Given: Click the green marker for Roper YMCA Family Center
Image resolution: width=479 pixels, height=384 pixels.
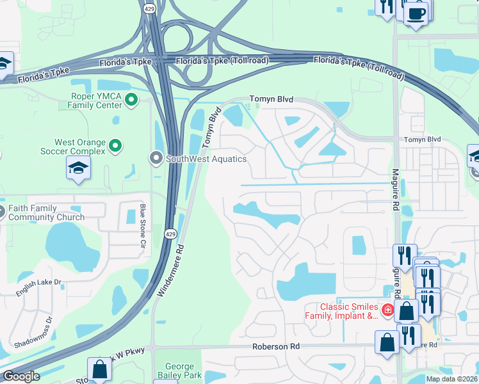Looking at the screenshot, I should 131,99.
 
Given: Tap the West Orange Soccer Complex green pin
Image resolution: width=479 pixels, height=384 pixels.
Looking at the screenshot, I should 115,146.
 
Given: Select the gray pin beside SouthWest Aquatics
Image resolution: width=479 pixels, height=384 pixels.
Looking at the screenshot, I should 156,157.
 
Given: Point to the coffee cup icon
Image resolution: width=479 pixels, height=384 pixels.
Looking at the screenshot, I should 416,13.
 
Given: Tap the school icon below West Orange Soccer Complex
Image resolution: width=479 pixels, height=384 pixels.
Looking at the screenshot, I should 78,168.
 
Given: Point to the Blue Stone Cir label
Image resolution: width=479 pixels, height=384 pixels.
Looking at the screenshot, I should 143,225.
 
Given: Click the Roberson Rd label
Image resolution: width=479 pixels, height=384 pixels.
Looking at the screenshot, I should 276,346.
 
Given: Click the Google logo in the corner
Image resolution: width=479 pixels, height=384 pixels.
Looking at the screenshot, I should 20,376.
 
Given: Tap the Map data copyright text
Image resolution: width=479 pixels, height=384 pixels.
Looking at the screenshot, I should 451,379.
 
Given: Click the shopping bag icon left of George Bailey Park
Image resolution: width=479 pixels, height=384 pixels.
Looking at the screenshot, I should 100,370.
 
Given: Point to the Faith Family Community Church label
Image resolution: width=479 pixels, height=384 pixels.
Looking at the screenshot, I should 46,212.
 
